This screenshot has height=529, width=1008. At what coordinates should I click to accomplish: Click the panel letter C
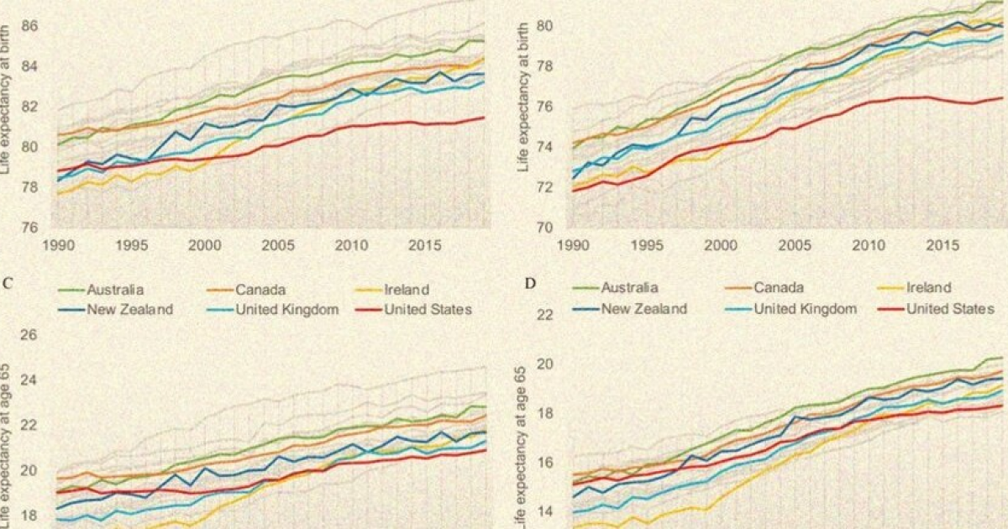pos(7,282)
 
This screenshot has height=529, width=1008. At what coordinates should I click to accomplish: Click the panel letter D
pos(530,282)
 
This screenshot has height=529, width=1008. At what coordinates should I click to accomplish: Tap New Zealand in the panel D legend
pos(643,308)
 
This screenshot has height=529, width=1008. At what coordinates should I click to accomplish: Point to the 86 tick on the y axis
pos(31,26)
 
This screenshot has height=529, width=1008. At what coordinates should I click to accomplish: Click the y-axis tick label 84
pos(31,66)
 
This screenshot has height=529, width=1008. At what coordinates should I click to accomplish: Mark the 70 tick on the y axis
pos(544,228)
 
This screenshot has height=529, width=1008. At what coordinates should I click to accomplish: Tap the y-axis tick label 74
pos(544,147)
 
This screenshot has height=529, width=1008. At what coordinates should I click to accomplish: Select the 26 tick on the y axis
pos(30,336)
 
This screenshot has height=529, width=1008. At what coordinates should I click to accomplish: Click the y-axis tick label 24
pos(30,380)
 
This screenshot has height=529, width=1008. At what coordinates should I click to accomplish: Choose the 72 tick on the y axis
pos(544,187)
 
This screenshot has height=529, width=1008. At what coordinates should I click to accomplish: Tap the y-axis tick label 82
pos(31,107)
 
